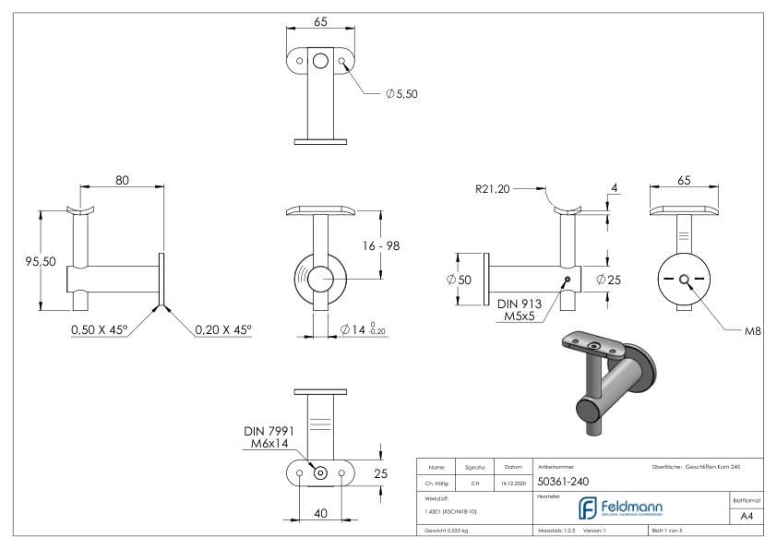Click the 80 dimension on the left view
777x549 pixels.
[122, 181]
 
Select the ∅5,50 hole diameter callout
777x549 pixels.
[401, 93]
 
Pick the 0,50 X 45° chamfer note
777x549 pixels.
[98, 329]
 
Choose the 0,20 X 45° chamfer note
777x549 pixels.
[222, 329]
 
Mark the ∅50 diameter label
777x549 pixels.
[459, 280]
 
